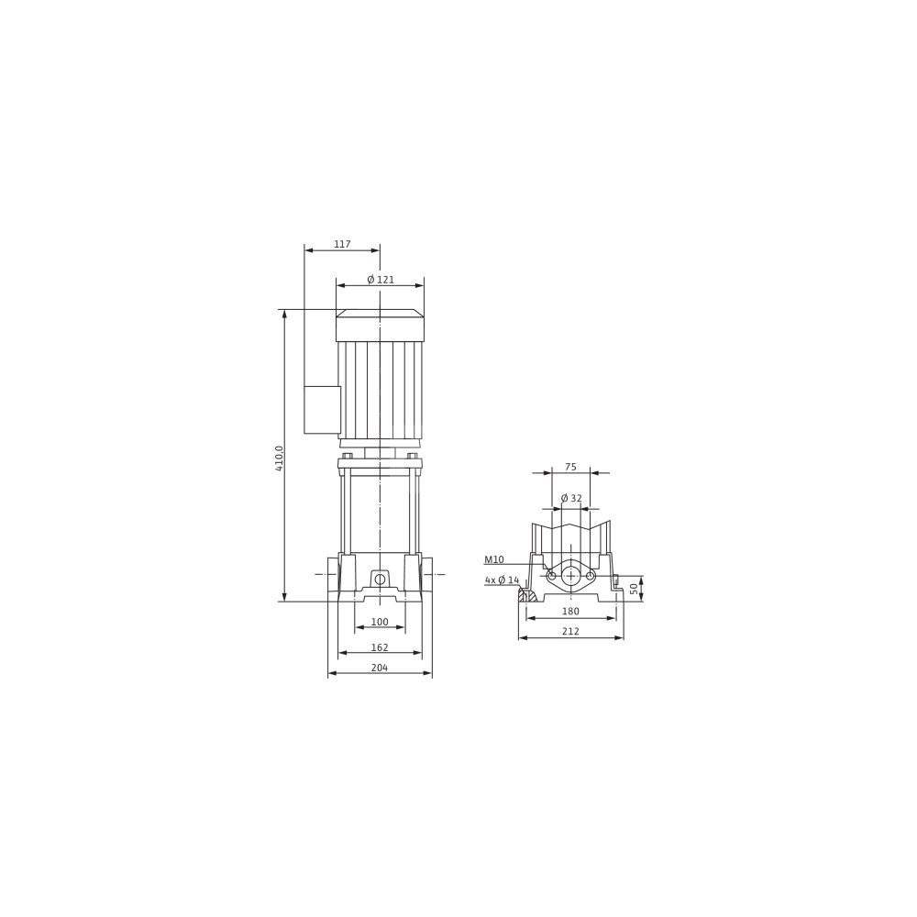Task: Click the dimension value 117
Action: [x=342, y=245]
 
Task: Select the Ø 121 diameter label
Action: [x=381, y=280]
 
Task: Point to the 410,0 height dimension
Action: [x=279, y=458]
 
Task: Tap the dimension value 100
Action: [x=380, y=622]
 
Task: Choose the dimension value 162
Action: [x=380, y=647]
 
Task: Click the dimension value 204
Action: [x=380, y=668]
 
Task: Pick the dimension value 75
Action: [x=570, y=467]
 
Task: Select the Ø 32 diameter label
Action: [x=571, y=498]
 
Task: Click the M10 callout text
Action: [x=494, y=559]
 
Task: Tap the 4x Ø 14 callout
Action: [x=502, y=580]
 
